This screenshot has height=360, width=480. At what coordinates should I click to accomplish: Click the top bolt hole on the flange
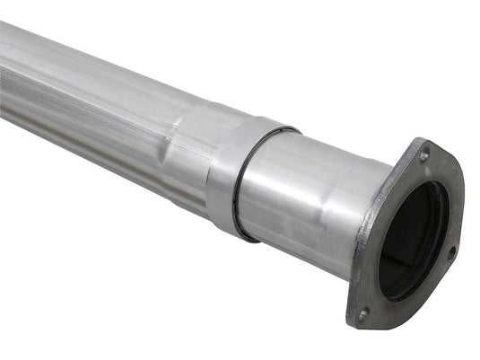(423, 155)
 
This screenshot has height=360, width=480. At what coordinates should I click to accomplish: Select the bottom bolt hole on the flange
(363, 314)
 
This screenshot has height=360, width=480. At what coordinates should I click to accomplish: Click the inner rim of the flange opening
(440, 224)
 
